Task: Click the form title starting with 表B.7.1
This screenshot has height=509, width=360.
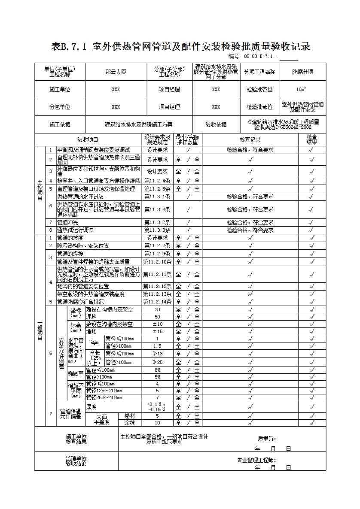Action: [x=180, y=47]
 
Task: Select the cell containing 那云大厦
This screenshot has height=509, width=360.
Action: [x=116, y=72]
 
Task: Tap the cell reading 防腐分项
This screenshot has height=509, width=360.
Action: [x=302, y=72]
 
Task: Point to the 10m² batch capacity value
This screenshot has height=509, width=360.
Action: [x=301, y=90]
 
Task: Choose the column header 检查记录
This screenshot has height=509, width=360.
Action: [x=250, y=139]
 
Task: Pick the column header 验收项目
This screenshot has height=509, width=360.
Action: [x=88, y=139]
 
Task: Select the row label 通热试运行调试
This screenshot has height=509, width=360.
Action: [x=76, y=230]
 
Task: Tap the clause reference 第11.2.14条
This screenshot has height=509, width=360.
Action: [x=157, y=302]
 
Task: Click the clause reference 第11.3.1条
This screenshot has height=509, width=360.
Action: [x=157, y=197]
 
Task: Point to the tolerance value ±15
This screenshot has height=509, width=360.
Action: [x=158, y=331]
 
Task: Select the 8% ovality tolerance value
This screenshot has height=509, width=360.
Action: [x=158, y=370]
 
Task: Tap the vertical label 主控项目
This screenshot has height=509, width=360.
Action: [x=40, y=189]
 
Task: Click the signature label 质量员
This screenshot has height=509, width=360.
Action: [x=267, y=439]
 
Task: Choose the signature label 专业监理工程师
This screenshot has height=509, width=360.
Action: [x=257, y=460]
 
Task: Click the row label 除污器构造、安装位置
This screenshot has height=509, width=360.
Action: [x=83, y=245]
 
